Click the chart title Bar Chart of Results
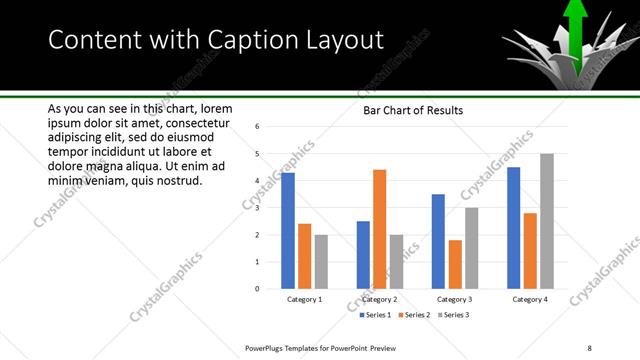(x=413, y=111)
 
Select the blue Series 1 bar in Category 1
(x=288, y=230)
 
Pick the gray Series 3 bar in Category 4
(x=546, y=221)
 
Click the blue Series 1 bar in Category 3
(x=438, y=241)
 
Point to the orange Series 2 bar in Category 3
(x=454, y=264)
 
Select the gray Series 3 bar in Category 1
(x=321, y=261)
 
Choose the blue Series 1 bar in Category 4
(x=514, y=227)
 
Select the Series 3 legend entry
(x=453, y=315)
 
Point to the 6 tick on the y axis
(x=257, y=127)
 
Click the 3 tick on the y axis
(x=257, y=208)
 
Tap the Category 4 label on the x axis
(x=530, y=299)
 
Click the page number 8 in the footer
(x=590, y=346)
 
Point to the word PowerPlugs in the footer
(x=266, y=346)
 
